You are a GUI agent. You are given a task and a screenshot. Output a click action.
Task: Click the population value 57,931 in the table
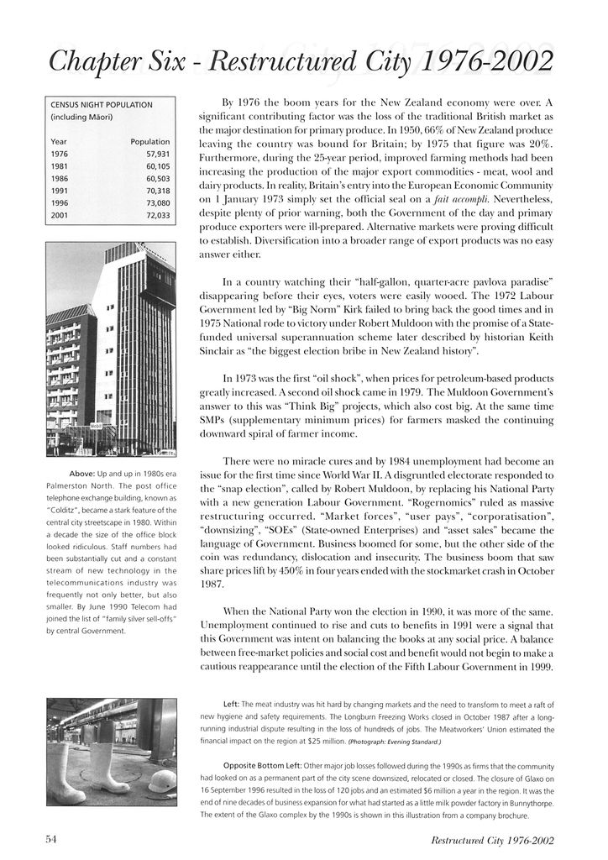pos(157,155)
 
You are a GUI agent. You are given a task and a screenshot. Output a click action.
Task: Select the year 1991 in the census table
pos(60,191)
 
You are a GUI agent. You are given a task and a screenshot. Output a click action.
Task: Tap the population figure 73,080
pos(157,203)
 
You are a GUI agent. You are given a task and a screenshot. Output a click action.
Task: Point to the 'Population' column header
pos(150,142)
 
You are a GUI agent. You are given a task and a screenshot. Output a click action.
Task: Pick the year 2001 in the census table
pos(60,215)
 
